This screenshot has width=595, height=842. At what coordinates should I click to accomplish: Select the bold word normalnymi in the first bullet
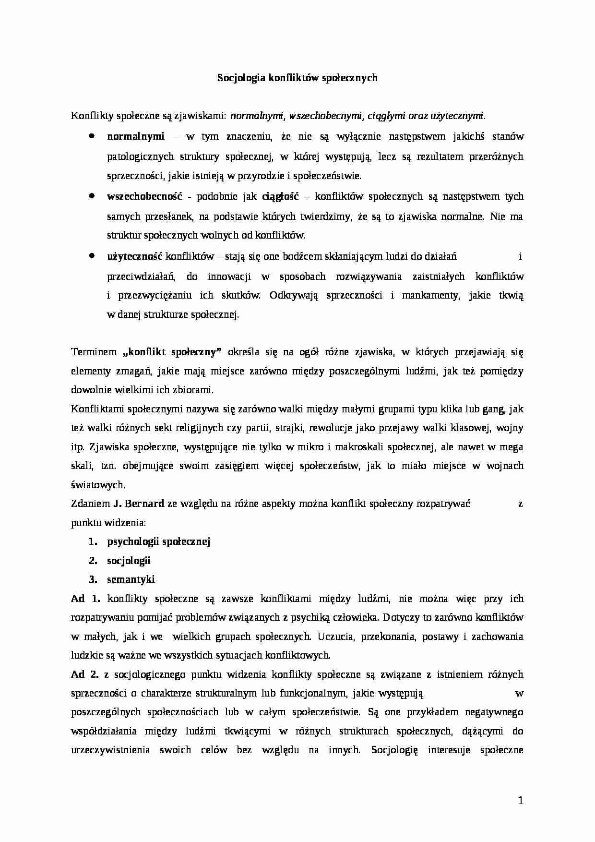coord(135,136)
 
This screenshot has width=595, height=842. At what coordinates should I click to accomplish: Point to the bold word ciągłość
coord(280,196)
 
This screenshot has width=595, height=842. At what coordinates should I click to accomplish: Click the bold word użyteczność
coord(135,256)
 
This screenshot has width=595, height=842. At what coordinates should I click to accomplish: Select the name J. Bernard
coord(138,504)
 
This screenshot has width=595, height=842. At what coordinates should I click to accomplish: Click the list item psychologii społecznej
coord(158,541)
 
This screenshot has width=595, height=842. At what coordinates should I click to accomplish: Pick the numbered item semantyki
coord(131,579)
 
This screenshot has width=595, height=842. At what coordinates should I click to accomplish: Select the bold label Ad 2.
coord(84,674)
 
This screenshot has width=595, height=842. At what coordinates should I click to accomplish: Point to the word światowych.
coord(97,485)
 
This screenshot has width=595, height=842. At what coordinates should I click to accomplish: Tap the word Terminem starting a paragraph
coord(94,352)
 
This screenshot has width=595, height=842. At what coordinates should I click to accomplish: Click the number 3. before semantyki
coord(93,579)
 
